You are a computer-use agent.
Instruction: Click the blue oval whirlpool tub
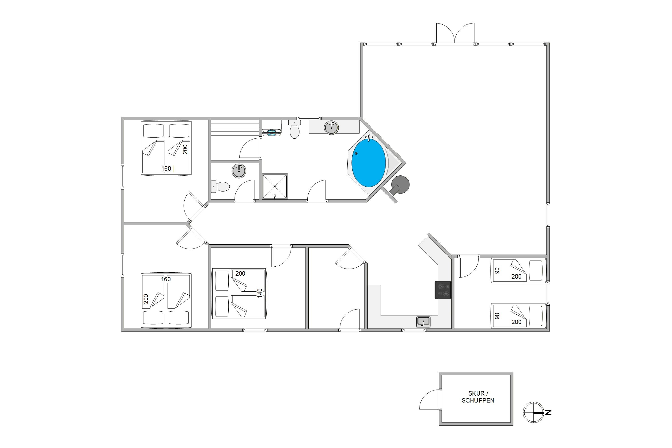368,163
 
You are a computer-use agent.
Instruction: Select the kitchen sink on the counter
423,322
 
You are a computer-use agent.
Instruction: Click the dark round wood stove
400,185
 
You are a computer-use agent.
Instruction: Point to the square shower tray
275,186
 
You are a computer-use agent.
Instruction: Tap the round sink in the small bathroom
239,171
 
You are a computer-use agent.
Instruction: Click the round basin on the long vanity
332,127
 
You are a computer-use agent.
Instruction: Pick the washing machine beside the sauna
272,128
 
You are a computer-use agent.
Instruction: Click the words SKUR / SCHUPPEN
478,397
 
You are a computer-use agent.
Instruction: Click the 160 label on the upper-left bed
166,169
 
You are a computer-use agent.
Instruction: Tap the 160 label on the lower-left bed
166,279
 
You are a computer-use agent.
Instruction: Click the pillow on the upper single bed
536,270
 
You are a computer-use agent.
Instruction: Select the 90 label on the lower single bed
497,316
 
